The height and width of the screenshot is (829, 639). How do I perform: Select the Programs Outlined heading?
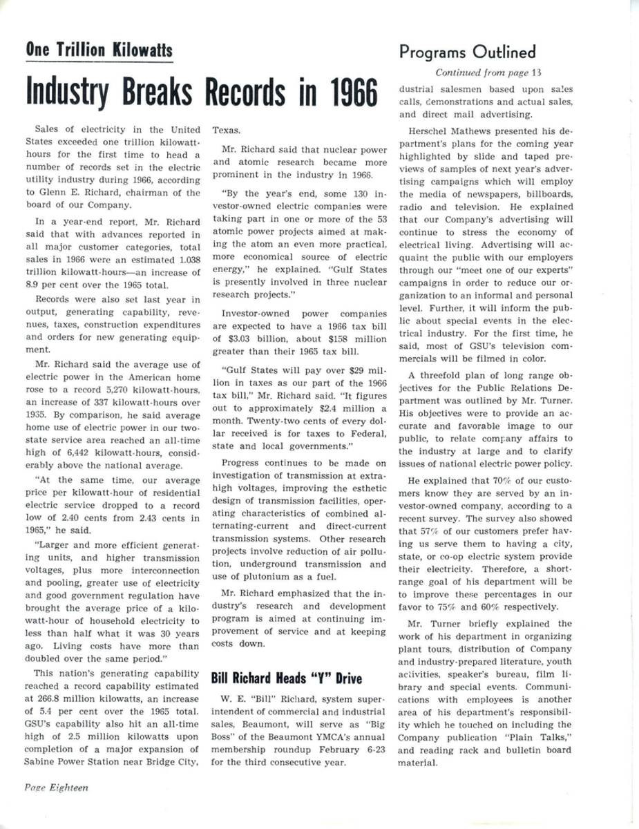click(467, 52)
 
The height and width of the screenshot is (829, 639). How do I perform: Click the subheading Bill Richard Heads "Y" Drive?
click(285, 678)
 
